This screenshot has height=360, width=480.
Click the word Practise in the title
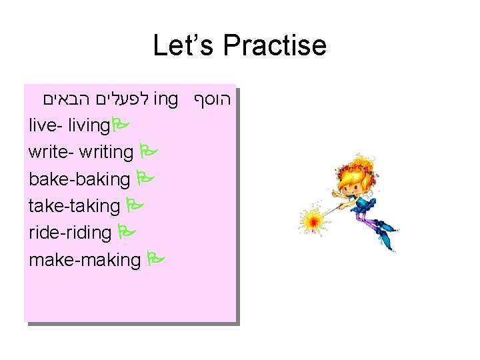tap(275, 46)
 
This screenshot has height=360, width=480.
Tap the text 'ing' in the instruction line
tap(165, 99)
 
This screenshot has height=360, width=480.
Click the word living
tap(89, 125)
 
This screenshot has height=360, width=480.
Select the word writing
tap(106, 152)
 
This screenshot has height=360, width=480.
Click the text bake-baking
tap(79, 179)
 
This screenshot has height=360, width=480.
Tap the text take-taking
tap(74, 206)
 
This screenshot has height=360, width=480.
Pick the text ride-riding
tap(70, 233)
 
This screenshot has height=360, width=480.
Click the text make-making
tap(85, 259)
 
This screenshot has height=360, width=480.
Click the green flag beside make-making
tap(155, 259)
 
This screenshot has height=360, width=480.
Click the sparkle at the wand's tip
tap(311, 219)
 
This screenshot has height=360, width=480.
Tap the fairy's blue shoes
tap(385, 236)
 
